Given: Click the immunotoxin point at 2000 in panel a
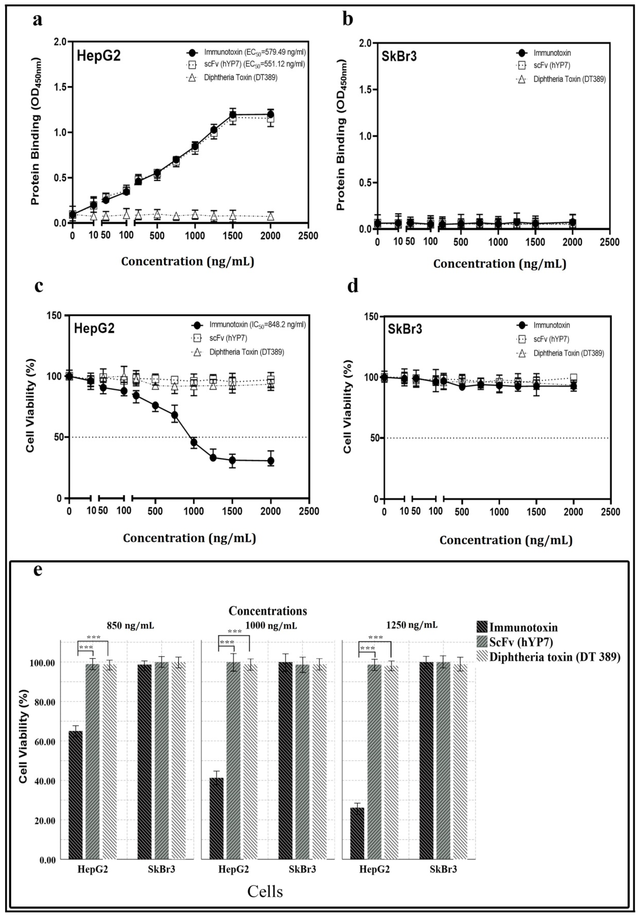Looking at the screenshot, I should click(270, 115).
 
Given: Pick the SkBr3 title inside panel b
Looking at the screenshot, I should click(399, 56).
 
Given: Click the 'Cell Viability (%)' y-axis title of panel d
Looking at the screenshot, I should click(348, 407).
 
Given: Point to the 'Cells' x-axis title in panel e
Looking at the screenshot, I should click(265, 891).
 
